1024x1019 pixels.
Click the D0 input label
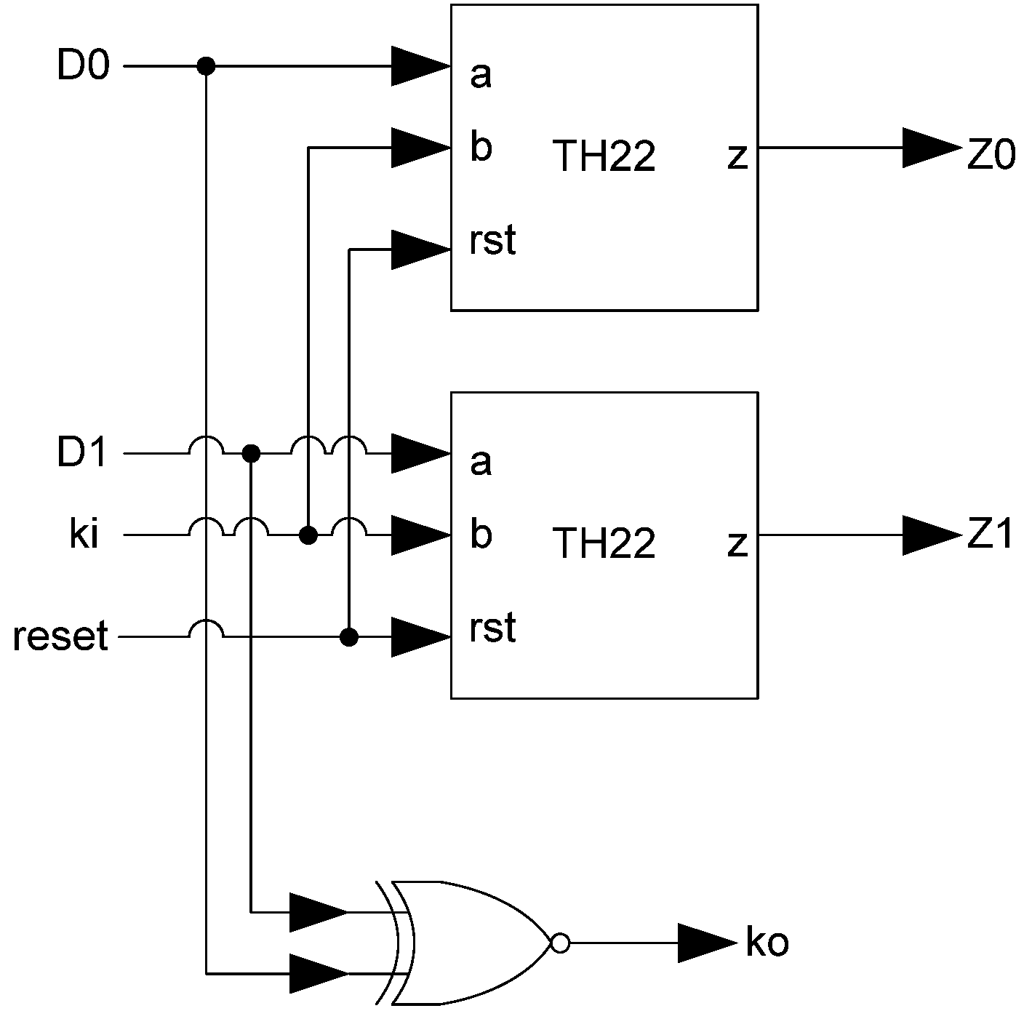(83, 67)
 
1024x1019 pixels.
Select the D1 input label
(81, 454)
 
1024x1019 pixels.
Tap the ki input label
(84, 536)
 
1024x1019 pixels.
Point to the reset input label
(60, 636)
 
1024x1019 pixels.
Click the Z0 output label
(991, 155)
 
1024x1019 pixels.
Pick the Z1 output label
(990, 536)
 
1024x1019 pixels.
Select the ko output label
(767, 943)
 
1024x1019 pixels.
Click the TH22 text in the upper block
(604, 156)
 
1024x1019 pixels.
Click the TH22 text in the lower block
(604, 543)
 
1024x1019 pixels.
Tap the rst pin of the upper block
(492, 241)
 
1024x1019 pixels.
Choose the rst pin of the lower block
(492, 628)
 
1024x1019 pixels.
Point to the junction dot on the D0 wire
(207, 67)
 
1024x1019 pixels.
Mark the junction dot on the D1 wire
(251, 454)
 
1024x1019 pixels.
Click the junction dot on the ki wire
(308, 536)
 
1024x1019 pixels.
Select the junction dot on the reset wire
(350, 638)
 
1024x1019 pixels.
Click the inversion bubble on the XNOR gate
(559, 943)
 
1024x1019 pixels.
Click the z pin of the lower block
(737, 543)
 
